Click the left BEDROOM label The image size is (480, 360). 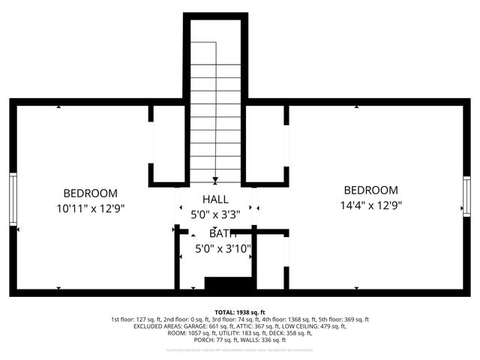[90, 193]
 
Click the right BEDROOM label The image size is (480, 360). [370, 190]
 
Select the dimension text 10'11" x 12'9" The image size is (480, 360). [90, 208]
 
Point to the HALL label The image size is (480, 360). [215, 199]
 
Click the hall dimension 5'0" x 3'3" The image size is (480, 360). [215, 214]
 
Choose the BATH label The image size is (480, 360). [223, 234]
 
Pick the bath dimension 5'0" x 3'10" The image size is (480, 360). [223, 248]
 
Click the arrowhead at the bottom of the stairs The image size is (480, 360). [215, 179]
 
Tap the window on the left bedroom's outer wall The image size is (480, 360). [13, 199]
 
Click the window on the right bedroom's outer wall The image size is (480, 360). [466, 196]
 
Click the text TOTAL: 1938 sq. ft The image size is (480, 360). [240, 312]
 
